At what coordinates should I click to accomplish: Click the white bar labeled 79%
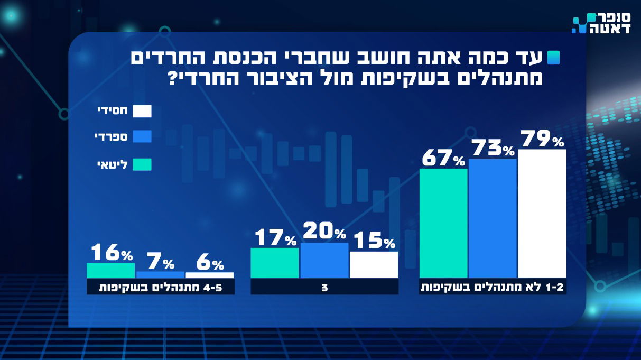542,214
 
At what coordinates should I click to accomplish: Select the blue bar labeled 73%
493,218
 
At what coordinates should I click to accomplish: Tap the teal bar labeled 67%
443,223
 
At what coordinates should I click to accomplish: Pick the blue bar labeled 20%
324,260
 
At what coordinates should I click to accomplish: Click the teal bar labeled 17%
274,263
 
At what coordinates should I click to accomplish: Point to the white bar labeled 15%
374,264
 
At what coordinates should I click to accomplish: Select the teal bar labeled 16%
110,271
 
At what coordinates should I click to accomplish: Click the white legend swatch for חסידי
142,111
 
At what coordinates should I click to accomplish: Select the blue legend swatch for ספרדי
142,137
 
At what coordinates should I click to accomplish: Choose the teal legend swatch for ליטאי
142,164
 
